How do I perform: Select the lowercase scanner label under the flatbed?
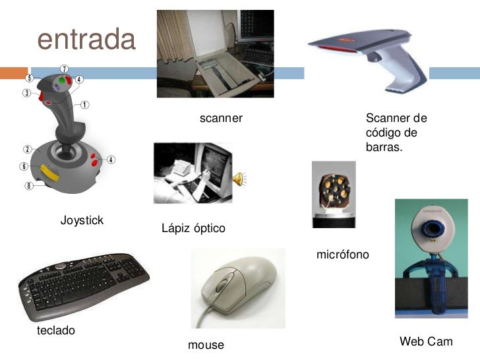tap(221, 119)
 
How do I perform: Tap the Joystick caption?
tap(82, 220)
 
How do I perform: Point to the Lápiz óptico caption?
tap(193, 228)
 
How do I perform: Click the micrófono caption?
tap(343, 254)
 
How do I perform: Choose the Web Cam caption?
tap(426, 342)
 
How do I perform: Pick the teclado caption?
tap(56, 330)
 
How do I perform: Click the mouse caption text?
tap(206, 345)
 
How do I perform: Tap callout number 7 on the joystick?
tap(64, 69)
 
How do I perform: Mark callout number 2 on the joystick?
tap(28, 148)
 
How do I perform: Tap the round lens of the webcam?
tap(432, 229)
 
